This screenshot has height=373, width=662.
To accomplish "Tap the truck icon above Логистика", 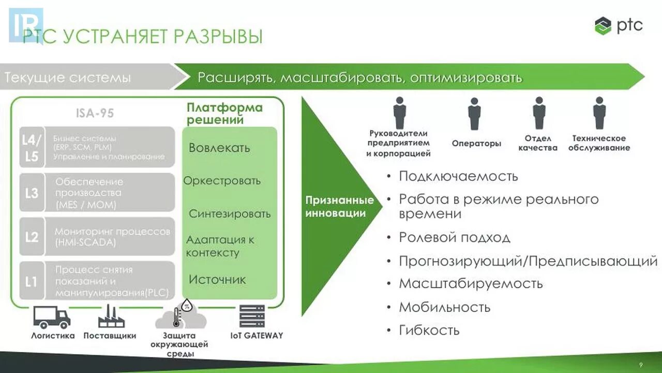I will coord(52,317).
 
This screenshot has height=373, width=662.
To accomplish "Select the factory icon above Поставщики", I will coord(111,317).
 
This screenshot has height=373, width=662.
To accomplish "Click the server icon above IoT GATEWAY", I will coord(252,317).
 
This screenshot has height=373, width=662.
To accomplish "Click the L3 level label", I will coord(32,193).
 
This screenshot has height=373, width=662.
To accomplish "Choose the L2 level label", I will coord(32,237).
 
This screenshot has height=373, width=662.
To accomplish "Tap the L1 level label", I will coord(32,281).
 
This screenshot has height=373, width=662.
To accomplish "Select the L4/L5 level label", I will coord(32,148).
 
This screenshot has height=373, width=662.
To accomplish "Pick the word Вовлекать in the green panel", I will coord(219,148).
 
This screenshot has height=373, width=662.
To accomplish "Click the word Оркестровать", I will coord(222,181).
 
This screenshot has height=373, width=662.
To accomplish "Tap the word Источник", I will coord(217,280).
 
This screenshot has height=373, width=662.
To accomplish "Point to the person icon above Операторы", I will coord(474,114).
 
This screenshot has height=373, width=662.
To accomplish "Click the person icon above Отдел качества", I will coord(539,113).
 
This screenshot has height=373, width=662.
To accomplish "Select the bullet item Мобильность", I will coord(444,307).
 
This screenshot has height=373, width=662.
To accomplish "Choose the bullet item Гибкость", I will coord(429,331).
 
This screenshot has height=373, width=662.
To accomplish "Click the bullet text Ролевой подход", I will coord(455,238).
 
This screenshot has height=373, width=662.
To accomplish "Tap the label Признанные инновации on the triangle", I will coord(339,207).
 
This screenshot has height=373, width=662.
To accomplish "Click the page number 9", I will coord(641,364).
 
